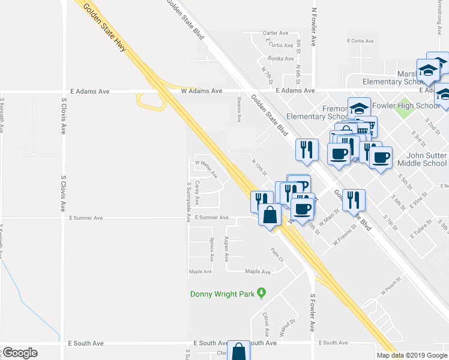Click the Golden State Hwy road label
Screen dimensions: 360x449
104,28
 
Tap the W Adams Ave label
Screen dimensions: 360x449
202,91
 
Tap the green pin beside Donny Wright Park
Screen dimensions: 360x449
261,293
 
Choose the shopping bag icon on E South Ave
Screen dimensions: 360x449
240,351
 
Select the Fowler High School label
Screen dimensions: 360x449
406,106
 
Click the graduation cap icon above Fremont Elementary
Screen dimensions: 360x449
359,109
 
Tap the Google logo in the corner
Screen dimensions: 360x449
20,353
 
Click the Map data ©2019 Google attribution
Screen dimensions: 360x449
411,355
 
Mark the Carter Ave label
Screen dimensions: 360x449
276,33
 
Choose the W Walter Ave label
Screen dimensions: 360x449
206,163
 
